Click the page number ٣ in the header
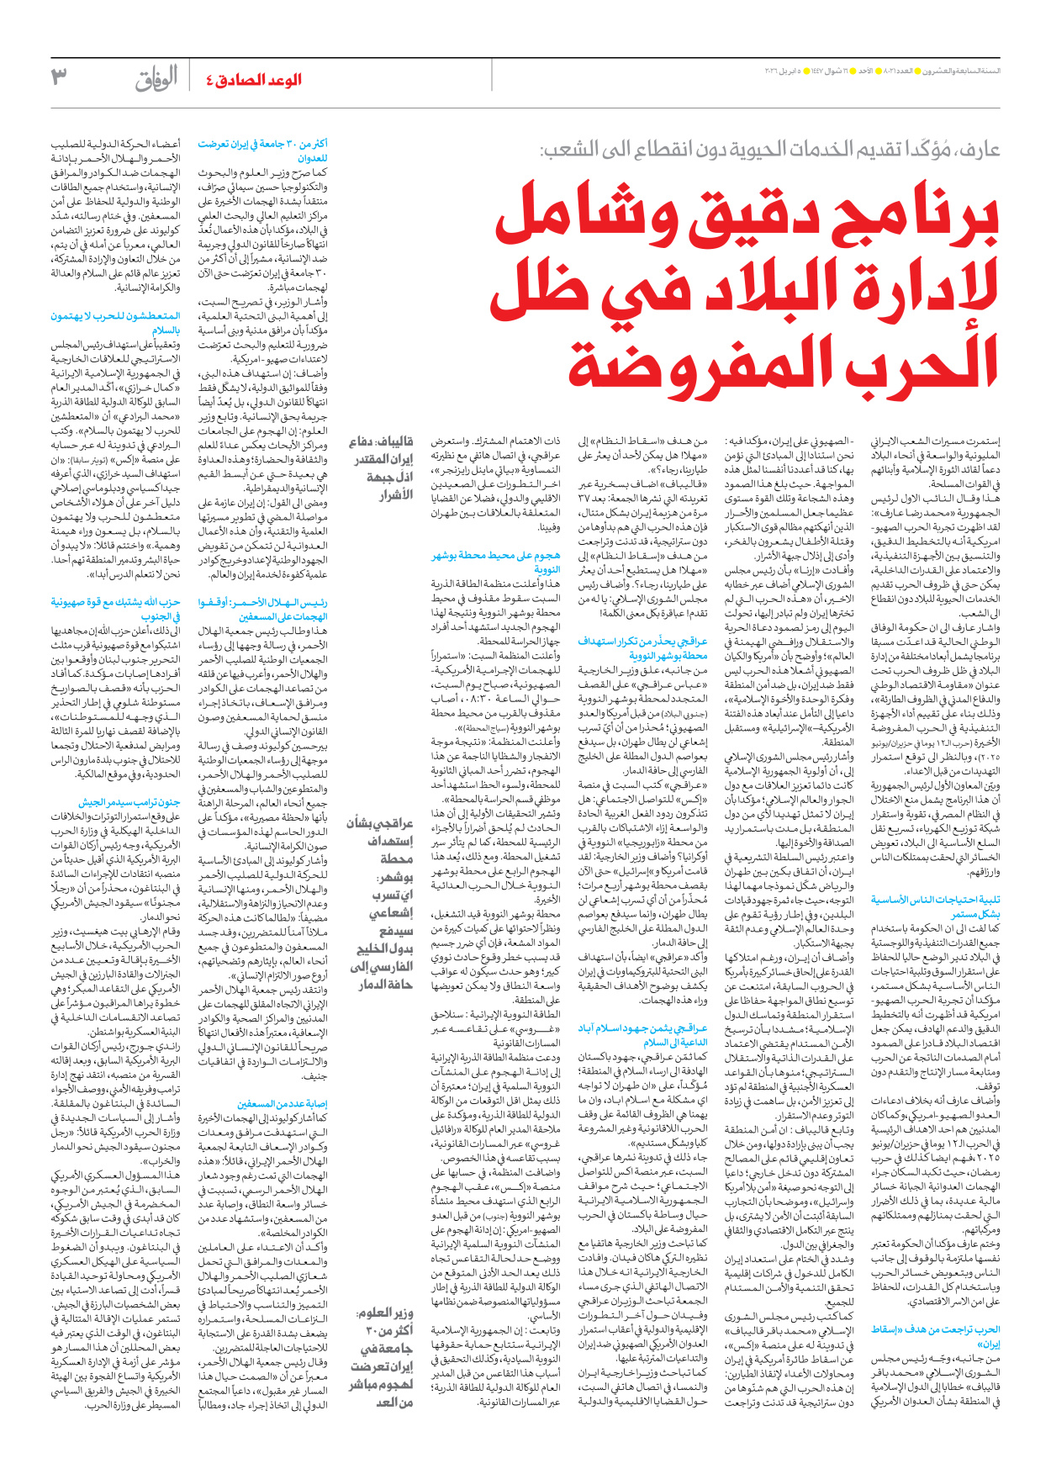tap(60, 77)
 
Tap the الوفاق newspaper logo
tap(156, 79)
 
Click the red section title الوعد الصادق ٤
tap(253, 80)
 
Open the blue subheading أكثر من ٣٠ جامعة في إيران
tap(263, 151)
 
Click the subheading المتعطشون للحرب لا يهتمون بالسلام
tap(115, 323)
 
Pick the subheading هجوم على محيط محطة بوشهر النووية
tap(495, 562)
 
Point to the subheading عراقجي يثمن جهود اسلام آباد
tap(642, 1035)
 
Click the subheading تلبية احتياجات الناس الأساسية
tap(936, 906)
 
